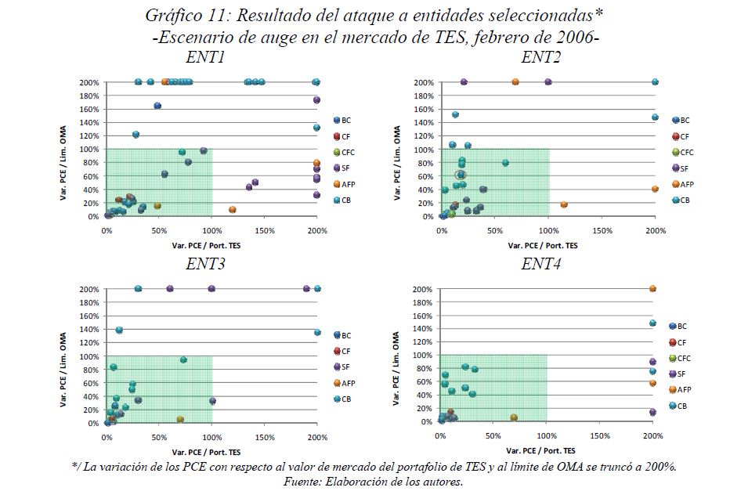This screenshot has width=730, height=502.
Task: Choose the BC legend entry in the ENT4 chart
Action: point(678,326)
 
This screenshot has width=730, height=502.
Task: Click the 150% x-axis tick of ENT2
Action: point(602,231)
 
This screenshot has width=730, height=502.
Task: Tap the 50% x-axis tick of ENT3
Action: point(159,437)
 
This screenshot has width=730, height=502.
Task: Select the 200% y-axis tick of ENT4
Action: point(423,289)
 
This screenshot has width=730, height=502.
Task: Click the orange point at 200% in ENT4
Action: point(652,289)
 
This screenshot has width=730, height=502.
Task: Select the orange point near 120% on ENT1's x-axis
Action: point(233,210)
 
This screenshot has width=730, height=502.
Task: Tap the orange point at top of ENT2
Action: point(515,81)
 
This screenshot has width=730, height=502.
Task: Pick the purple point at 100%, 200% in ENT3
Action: point(211,289)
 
